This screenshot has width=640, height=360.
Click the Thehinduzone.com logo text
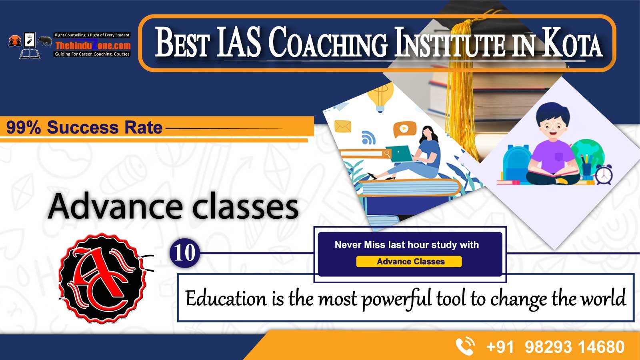[x=92, y=46]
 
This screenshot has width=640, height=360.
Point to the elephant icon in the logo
[x=45, y=41]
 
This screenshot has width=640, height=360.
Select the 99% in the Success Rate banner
[x=24, y=128]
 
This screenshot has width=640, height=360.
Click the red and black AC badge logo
[x=103, y=278]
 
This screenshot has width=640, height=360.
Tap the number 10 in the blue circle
[x=184, y=253]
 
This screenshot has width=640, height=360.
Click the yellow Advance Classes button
[x=409, y=262]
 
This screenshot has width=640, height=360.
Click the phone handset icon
[x=465, y=346]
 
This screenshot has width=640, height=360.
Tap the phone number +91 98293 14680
[x=555, y=347]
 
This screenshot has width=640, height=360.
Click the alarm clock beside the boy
[x=604, y=174]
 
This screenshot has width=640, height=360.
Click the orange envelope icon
[x=342, y=126]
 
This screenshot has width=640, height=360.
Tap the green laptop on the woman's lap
[x=402, y=154]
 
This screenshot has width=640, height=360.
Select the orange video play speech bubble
[x=404, y=129]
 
